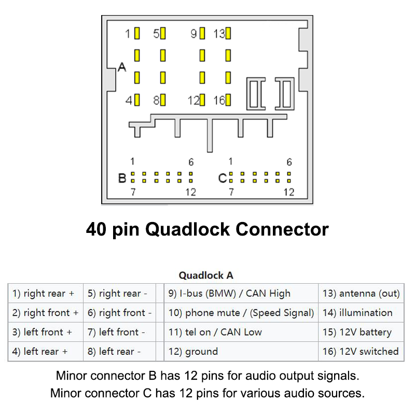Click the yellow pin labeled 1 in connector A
tap(137, 34)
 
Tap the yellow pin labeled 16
tap(228, 100)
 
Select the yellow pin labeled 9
tap(202, 34)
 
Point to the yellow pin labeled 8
tap(163, 100)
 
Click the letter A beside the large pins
tap(122, 67)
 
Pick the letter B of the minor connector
tap(122, 178)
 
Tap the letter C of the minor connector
tap(223, 178)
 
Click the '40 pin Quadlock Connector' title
tap(207, 229)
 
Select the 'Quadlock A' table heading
tap(206, 275)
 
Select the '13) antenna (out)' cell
tap(361, 294)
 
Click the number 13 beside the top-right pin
tap(218, 34)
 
